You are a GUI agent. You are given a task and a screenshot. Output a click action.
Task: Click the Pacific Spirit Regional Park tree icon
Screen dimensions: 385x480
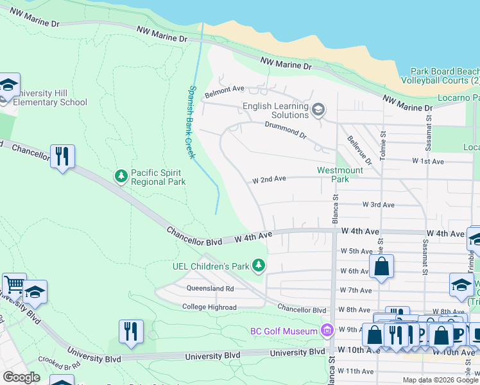pos(121,175)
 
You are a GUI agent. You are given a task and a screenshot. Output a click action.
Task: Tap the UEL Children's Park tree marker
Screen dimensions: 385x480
pos(258,264)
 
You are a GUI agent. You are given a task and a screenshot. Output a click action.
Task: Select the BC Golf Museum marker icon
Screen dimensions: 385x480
pos(327,331)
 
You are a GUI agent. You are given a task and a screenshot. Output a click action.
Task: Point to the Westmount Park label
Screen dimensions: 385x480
pos(340,175)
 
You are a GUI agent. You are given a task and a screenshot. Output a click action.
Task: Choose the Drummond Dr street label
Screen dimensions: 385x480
pos(286,128)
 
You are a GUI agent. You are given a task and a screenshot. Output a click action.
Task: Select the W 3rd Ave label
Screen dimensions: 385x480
pos(378,205)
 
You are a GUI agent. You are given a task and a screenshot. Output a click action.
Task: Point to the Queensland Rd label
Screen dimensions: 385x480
pos(211,289)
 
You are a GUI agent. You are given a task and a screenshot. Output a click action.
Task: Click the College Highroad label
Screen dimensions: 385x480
pos(209,307)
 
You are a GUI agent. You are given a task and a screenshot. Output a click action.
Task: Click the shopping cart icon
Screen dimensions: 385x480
pos(14,284)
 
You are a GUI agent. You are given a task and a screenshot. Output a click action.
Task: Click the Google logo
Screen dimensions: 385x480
pos(21,377)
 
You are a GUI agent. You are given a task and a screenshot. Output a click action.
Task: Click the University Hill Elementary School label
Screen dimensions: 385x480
pos(50,98)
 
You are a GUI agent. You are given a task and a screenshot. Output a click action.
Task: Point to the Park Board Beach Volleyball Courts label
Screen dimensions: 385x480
pos(440,76)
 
